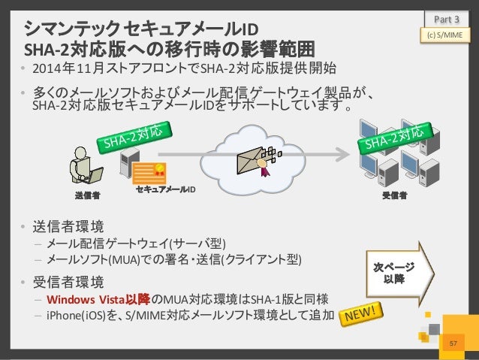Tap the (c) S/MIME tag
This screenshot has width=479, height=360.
447,34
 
